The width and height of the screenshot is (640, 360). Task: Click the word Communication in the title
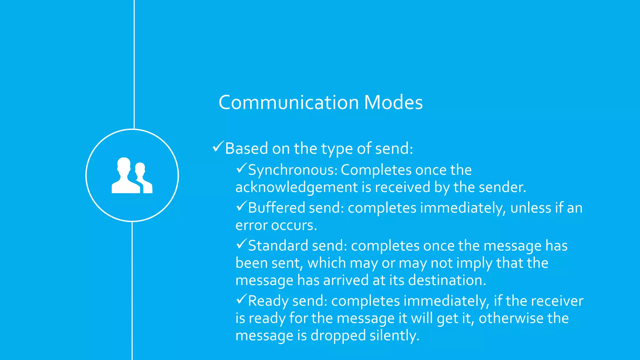288,102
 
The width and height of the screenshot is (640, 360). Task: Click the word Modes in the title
393,102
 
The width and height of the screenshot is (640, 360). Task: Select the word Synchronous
292,170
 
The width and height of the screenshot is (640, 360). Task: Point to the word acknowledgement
297,187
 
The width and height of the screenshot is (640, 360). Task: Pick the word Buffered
276,208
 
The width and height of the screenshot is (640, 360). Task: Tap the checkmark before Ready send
241,299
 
